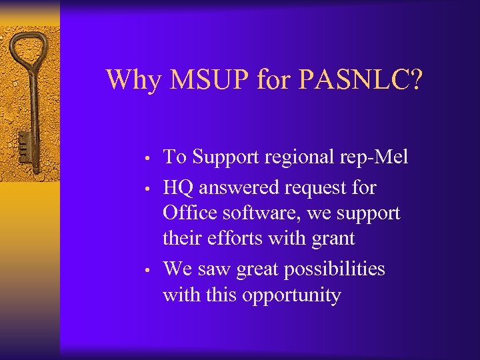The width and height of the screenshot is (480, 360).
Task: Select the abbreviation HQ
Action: click(x=179, y=188)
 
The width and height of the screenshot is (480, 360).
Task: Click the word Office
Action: click(x=189, y=213)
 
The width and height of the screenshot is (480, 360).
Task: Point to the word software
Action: click(x=259, y=213)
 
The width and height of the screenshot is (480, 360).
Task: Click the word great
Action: click(x=263, y=269)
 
